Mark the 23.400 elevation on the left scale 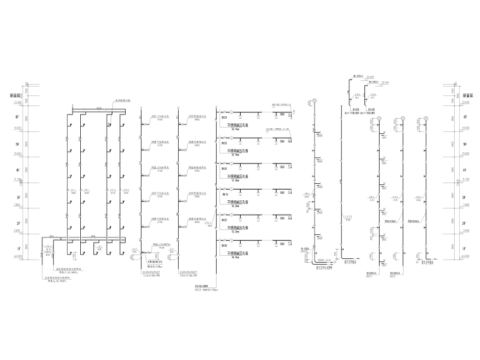[x=17, y=102]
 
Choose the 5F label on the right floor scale [x=464, y=144]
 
